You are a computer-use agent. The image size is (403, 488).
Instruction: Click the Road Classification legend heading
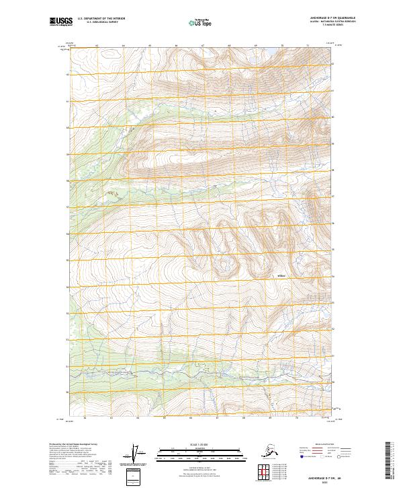coord(324,445)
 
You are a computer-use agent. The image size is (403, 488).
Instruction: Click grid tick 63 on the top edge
coord(97,46)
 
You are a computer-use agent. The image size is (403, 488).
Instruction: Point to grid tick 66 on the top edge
coord(176,46)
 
